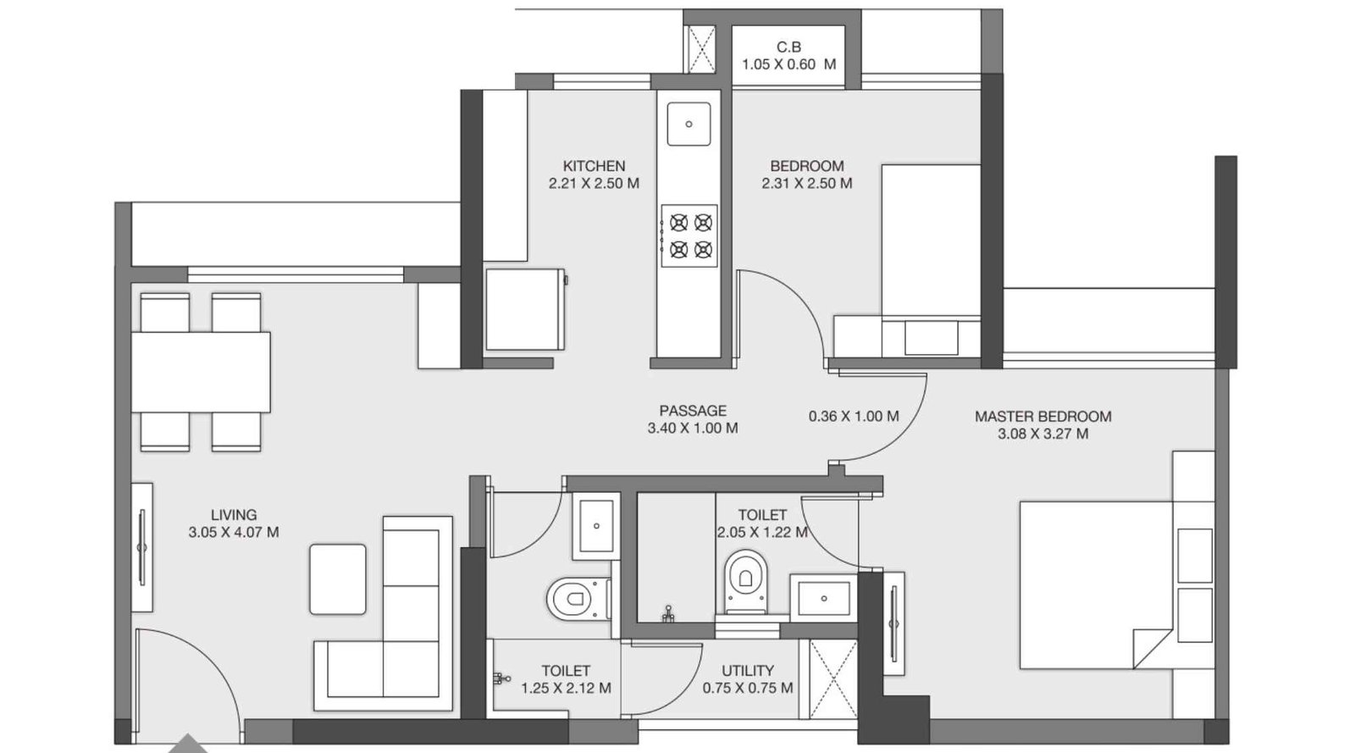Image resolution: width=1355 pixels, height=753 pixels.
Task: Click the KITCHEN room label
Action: [x=594, y=166]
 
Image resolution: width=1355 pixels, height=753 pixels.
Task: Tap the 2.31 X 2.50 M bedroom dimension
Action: [x=806, y=183]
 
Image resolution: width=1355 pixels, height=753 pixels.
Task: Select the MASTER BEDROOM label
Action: [x=1043, y=416]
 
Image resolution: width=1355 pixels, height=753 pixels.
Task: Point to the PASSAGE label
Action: [x=693, y=411]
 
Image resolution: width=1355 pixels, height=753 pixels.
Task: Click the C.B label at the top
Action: [x=788, y=47]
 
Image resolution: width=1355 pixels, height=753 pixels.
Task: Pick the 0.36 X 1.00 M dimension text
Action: [x=854, y=416]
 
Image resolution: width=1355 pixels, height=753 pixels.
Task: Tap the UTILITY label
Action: [x=748, y=671]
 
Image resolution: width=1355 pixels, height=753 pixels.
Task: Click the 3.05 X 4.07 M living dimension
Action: [x=234, y=532]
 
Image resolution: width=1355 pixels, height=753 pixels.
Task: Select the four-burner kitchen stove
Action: [x=689, y=235]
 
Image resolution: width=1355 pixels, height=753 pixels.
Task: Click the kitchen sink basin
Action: [x=689, y=124]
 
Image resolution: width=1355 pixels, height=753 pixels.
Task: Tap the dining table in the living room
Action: [x=201, y=372]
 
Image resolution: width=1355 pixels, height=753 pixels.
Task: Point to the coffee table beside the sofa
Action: [x=338, y=579]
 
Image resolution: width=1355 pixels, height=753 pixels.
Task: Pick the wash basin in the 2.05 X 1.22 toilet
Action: [x=824, y=598]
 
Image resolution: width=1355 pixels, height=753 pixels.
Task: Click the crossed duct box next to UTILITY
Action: [x=833, y=679]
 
